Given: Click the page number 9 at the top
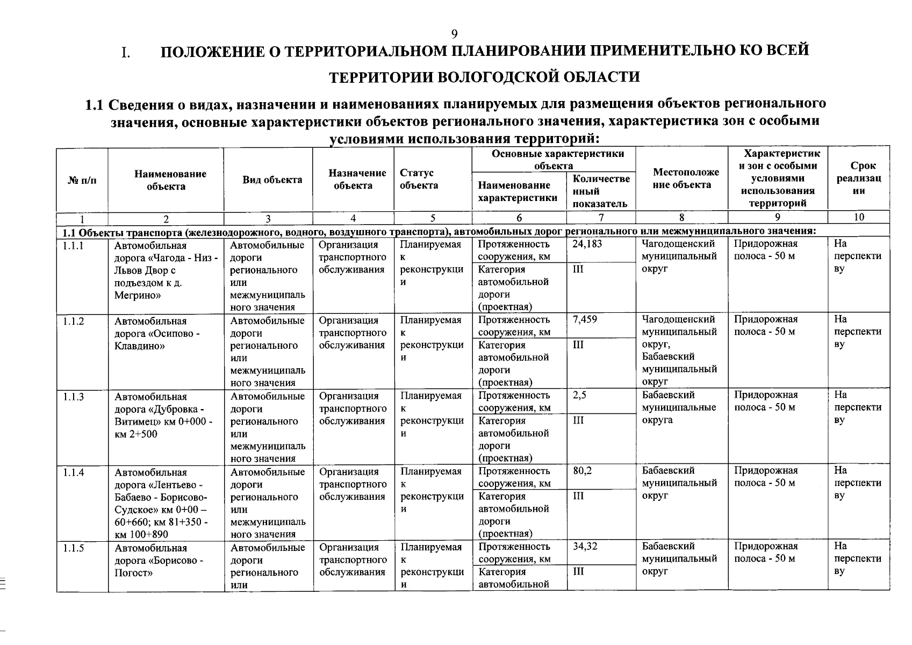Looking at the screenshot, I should pos(454,34).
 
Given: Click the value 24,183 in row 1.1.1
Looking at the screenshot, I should pos(587,244).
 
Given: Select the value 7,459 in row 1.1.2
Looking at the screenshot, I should pos(585,320).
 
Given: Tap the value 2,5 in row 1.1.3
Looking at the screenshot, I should pos(579,396).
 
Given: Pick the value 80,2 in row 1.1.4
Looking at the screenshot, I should pos(582,471).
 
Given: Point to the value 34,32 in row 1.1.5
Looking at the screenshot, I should pos(585,547).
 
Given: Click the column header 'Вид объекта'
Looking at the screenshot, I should pos(272,180).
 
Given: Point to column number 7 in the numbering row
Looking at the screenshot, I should pos(601,217).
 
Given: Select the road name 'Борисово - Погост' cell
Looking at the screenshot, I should pos(159,560).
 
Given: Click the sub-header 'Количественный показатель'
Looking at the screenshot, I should pos(601,191).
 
